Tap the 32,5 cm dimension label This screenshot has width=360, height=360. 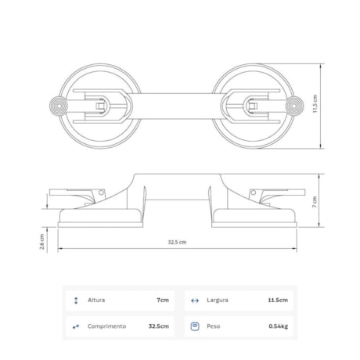tap(176, 243)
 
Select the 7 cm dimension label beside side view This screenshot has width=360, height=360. tap(315, 201)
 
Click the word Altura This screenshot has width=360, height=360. tap(97, 300)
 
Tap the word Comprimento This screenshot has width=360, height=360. tap(107, 326)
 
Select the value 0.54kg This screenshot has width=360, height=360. tap(278, 326)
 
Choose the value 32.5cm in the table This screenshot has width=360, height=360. tap(157, 326)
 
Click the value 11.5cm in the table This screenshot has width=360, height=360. tap(277, 300)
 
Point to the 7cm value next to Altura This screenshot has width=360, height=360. tap(162, 300)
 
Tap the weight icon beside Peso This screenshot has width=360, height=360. tap(194, 326)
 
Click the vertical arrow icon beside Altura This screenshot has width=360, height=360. tap(75, 300)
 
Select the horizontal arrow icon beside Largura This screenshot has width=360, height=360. tap(194, 300)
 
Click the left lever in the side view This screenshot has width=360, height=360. tap(78, 195)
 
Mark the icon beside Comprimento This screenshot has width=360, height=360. tap(75, 326)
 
